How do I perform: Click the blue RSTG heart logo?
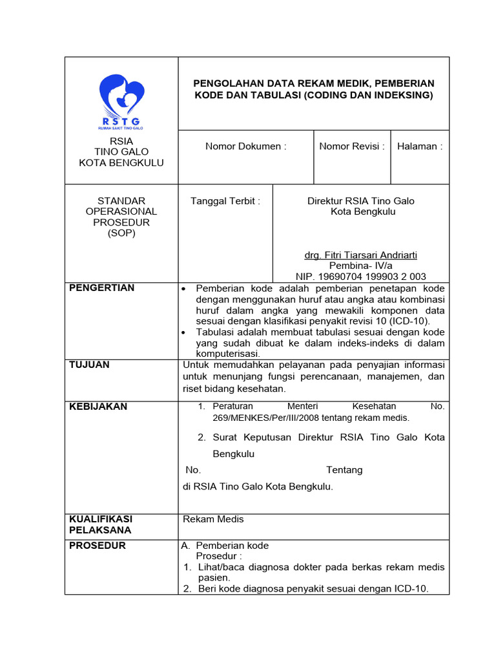[x=121, y=101]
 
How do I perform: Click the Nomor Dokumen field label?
[x=245, y=146]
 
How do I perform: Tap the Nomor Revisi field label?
[x=352, y=146]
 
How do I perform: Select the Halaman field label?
[x=420, y=146]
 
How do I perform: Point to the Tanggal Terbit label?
[x=225, y=201]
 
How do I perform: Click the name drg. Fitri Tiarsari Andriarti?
[x=360, y=255]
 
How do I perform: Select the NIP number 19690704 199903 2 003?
[x=360, y=277]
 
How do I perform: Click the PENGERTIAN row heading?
[x=101, y=288]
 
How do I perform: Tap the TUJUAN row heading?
[x=89, y=365]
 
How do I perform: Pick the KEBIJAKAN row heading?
[x=98, y=406]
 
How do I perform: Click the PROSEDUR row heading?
[x=98, y=545]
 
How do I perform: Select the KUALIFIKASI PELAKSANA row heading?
[x=100, y=524]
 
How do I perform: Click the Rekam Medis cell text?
[x=213, y=519]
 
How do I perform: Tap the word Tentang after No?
[x=344, y=470]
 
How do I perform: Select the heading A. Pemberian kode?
[x=225, y=545]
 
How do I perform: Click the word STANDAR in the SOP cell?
[x=121, y=200]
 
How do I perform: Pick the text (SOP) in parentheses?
[x=121, y=233]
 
